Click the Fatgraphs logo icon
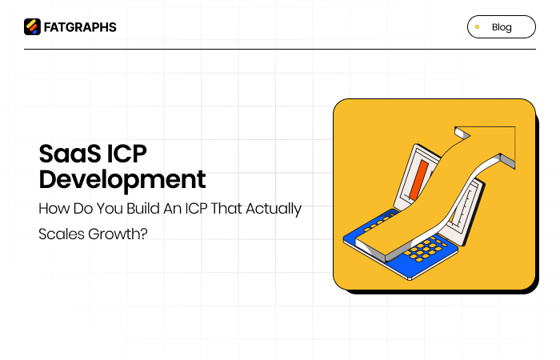(x=32, y=27)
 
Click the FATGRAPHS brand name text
(x=79, y=27)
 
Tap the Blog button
(x=501, y=27)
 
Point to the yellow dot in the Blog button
(x=478, y=27)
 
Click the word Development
(x=122, y=178)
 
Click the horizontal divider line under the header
(x=279, y=50)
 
